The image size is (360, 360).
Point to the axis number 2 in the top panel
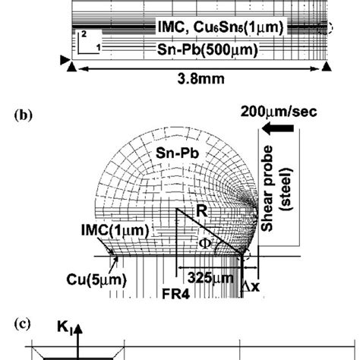pos(85,35)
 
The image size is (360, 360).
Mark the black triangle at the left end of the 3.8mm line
pos(71,68)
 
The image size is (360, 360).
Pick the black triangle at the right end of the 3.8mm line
pos(326,68)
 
